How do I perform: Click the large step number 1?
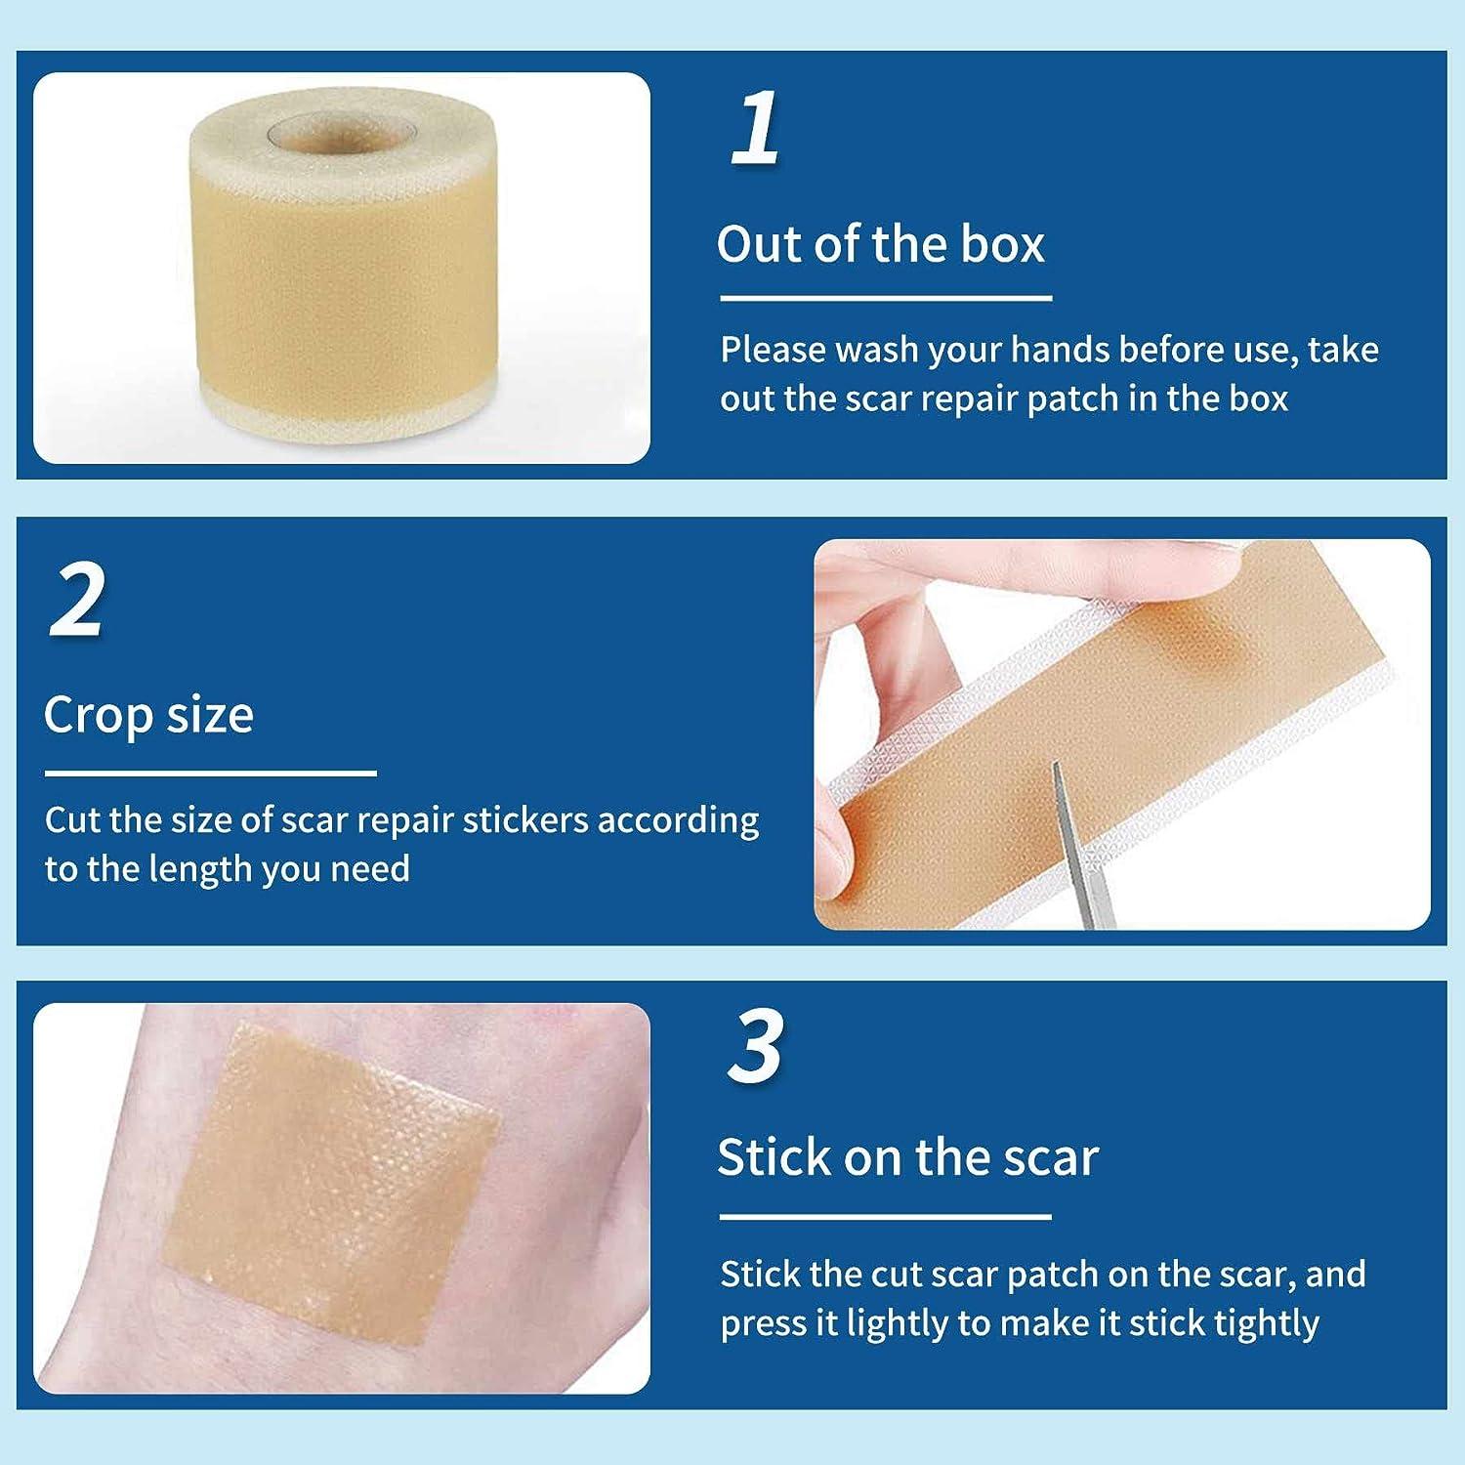(755, 128)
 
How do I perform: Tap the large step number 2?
(76, 599)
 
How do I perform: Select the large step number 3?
(755, 1046)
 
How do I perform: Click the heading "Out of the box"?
(880, 243)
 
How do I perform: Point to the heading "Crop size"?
(148, 715)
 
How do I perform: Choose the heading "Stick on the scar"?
(907, 1157)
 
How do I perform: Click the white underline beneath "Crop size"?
(210, 774)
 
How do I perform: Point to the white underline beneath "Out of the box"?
(885, 298)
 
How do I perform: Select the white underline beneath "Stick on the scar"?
(885, 1217)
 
